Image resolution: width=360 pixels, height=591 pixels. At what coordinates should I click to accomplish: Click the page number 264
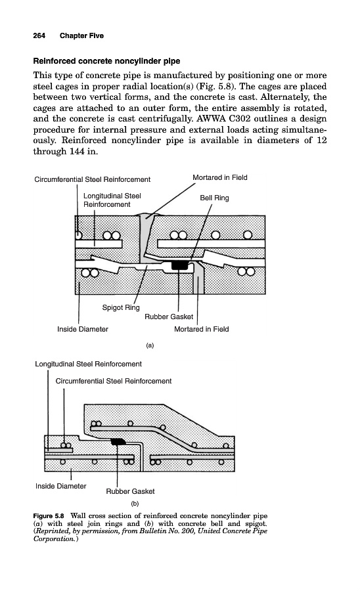coord(39,36)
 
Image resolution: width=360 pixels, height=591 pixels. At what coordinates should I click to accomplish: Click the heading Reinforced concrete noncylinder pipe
coord(106,61)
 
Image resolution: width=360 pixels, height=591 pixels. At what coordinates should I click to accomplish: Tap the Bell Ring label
coord(214,198)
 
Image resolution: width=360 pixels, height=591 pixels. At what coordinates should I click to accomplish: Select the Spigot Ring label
coord(121,307)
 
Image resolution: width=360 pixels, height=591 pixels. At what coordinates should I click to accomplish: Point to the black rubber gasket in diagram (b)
coord(120,442)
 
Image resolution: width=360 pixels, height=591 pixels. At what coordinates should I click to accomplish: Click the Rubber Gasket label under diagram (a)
coord(169,317)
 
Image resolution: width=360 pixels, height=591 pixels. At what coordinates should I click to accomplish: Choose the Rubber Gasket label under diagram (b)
coord(131,491)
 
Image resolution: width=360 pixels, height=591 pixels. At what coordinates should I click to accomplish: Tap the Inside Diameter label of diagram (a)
coord(83,329)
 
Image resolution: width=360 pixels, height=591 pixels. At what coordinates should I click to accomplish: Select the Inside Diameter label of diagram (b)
coord(60,486)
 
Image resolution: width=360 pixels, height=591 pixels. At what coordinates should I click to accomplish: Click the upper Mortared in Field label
coord(220,177)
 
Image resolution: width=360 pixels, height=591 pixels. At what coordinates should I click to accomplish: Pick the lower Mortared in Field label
coord(201,329)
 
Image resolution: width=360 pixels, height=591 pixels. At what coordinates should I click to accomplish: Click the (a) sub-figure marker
coord(150,345)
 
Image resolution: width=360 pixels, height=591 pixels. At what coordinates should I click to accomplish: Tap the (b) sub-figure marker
coord(135,504)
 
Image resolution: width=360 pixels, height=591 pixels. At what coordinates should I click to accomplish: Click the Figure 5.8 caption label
coord(49,515)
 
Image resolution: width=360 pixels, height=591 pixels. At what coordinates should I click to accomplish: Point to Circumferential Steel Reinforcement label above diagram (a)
coord(93,179)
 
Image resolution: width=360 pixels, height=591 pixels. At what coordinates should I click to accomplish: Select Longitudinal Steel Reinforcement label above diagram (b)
coord(88,364)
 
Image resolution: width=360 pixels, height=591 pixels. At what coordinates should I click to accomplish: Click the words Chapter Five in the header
coord(81,36)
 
